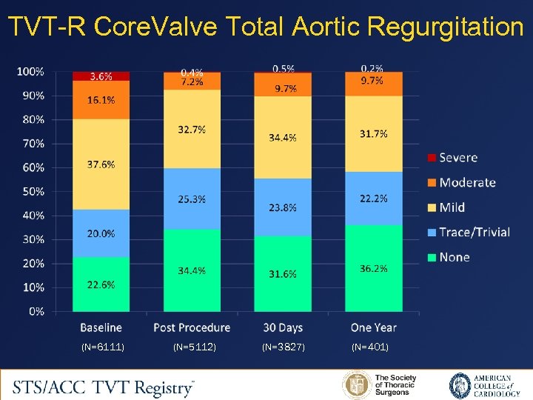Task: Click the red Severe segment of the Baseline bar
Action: (101, 76)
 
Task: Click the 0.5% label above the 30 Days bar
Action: (283, 68)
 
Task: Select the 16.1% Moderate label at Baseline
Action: (101, 100)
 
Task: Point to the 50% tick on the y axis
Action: (31, 192)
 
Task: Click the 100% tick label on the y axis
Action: (30, 72)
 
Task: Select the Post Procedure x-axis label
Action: (192, 327)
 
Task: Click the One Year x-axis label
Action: (373, 327)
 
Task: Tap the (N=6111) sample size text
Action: (102, 347)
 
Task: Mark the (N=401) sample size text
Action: (370, 347)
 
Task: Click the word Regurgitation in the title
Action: (445, 27)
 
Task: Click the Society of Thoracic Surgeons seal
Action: (356, 385)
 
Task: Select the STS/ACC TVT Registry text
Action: (104, 386)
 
